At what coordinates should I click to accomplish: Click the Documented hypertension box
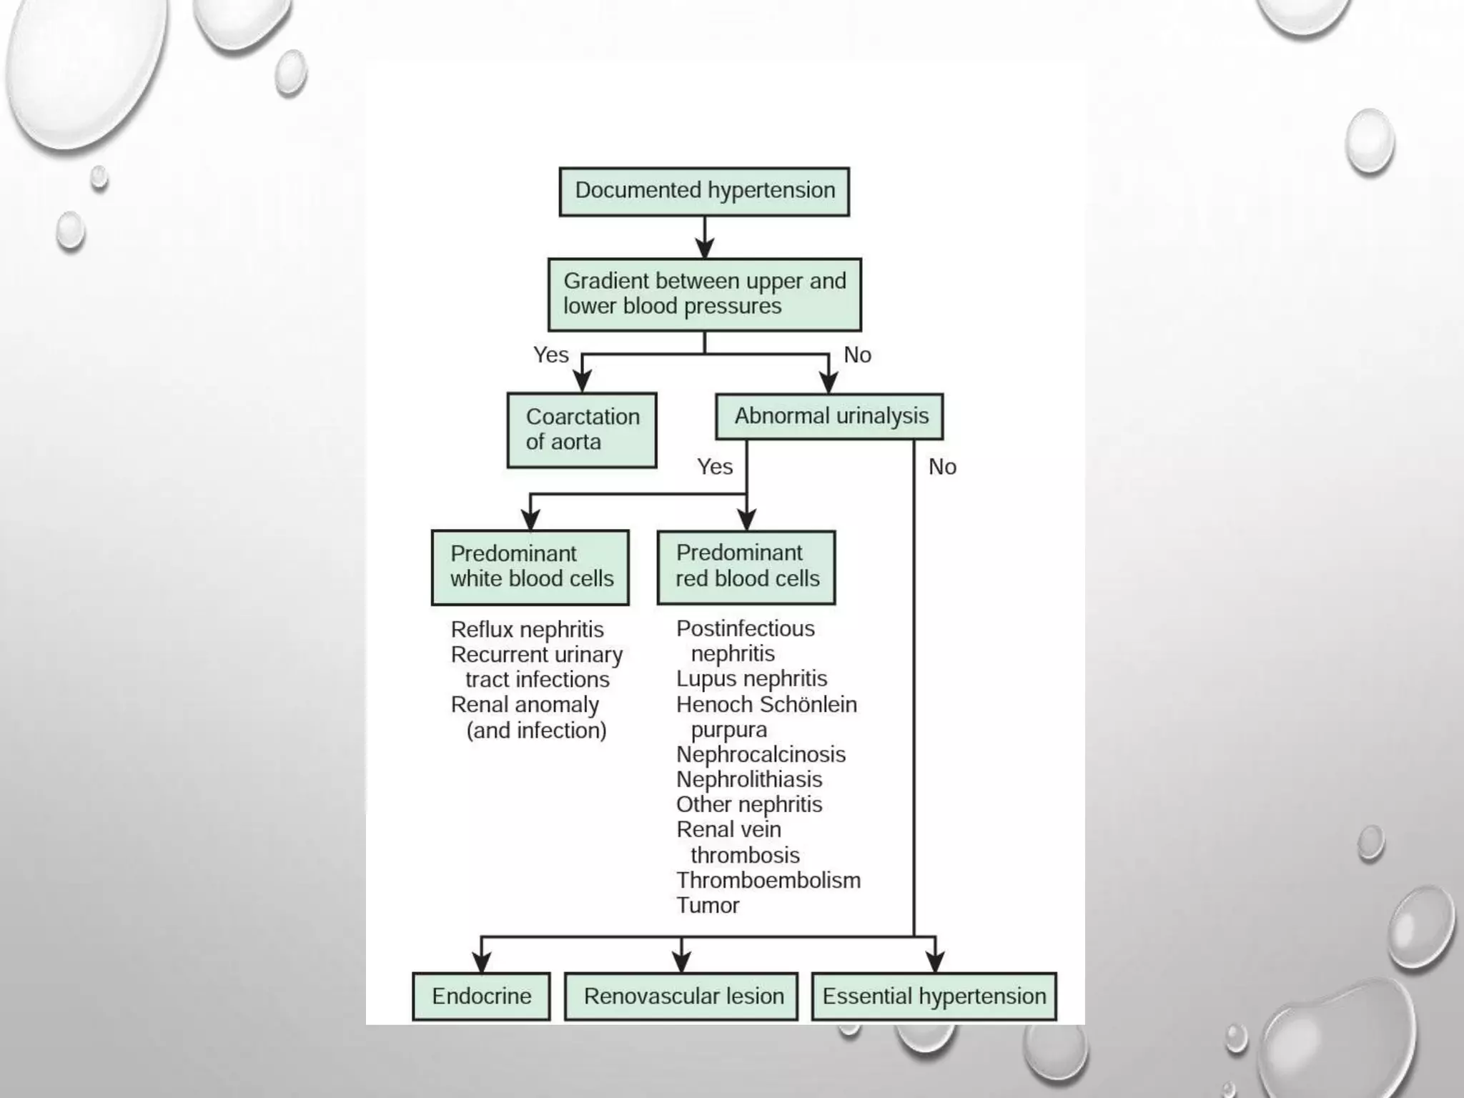point(704,192)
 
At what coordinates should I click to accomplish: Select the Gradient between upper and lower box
point(704,295)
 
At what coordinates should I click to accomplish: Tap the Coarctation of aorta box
point(582,430)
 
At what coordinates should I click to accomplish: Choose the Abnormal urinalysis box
point(829,416)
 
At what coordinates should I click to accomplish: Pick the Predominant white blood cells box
point(530,567)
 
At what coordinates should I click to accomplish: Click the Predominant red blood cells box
point(746,566)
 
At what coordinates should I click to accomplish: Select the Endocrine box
point(481,996)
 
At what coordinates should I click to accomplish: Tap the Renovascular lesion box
point(681,996)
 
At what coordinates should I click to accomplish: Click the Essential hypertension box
point(934,996)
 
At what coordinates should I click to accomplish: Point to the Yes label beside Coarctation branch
point(550,355)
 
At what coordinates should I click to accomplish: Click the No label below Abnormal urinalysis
point(941,467)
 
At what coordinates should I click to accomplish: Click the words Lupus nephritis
point(751,678)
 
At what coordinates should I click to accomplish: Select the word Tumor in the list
point(708,905)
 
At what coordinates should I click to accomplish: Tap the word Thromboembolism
point(768,880)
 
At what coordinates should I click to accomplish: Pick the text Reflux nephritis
point(527,630)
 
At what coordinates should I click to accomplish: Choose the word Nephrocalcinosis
point(761,754)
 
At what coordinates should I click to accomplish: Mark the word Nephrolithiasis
point(749,779)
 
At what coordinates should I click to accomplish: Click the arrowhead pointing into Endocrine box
point(482,964)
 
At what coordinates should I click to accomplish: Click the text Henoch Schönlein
point(766,704)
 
